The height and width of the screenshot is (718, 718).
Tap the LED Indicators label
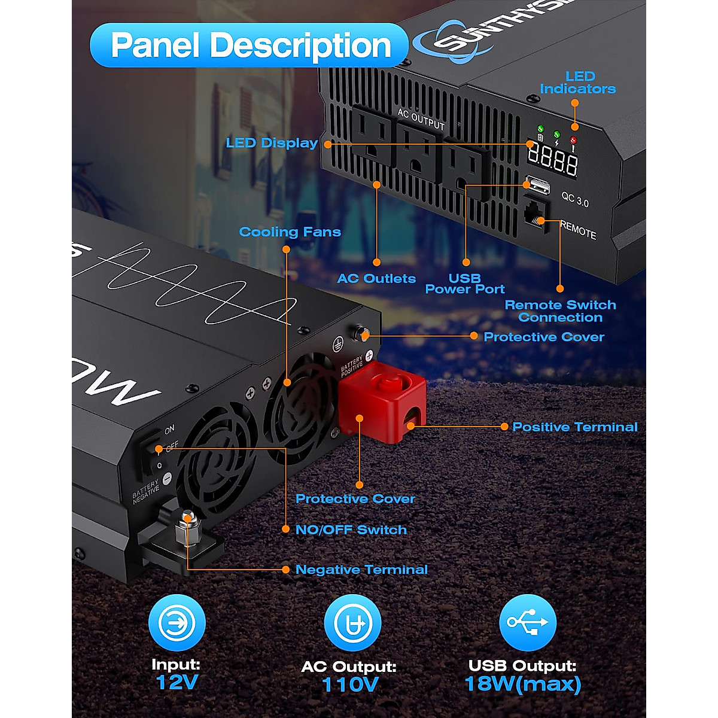577,83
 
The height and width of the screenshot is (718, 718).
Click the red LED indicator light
573,141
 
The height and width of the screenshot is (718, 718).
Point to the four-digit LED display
552,160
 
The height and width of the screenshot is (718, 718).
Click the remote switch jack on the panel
535,214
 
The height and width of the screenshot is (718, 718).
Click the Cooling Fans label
290,232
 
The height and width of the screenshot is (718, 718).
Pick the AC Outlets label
376,278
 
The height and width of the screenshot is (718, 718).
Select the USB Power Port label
465,284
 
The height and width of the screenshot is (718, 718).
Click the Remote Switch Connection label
560,311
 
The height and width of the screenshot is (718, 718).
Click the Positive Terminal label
575,427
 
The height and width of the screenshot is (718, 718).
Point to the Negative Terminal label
361,570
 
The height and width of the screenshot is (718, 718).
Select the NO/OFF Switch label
351,530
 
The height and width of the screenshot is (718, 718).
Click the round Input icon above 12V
177,623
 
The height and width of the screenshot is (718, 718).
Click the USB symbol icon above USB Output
527,622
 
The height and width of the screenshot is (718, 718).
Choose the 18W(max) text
522,683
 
